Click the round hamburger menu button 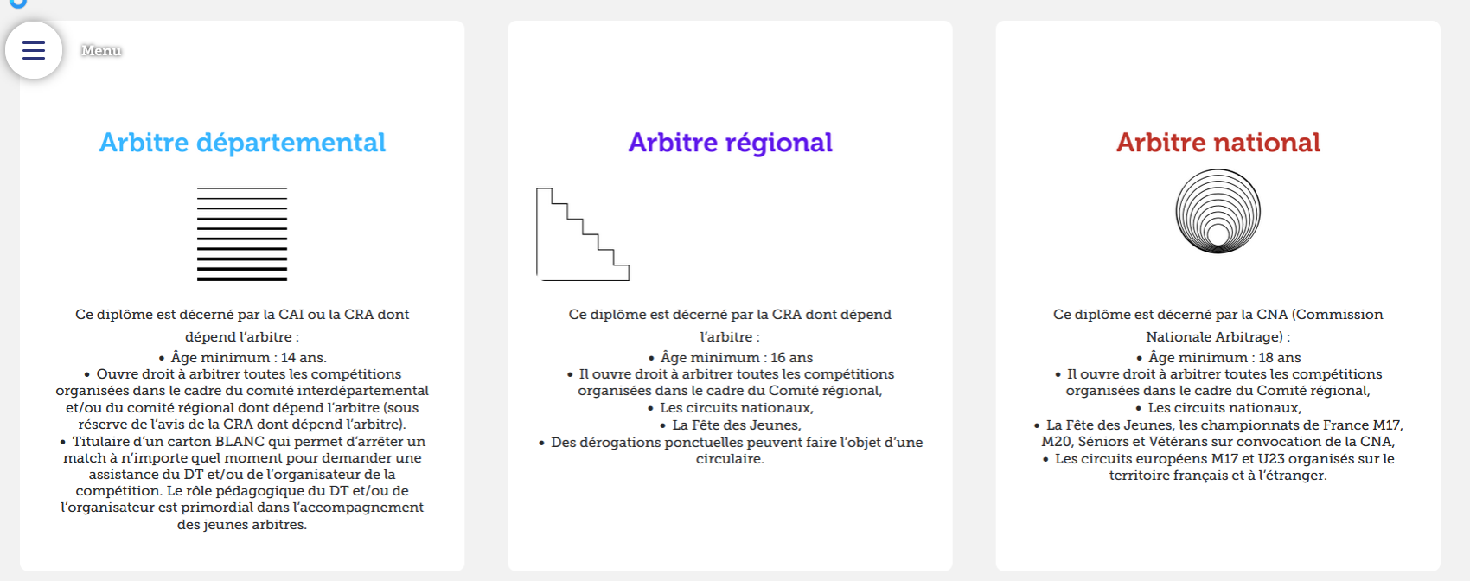(x=34, y=50)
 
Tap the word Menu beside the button (x=101, y=50)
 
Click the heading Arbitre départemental (x=242, y=143)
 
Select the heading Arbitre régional (x=730, y=143)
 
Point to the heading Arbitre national (x=1218, y=143)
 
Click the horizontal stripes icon (x=242, y=234)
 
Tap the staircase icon (x=583, y=234)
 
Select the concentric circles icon (x=1218, y=212)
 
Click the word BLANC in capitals (x=239, y=442)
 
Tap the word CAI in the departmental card (x=291, y=315)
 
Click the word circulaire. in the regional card (x=731, y=459)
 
